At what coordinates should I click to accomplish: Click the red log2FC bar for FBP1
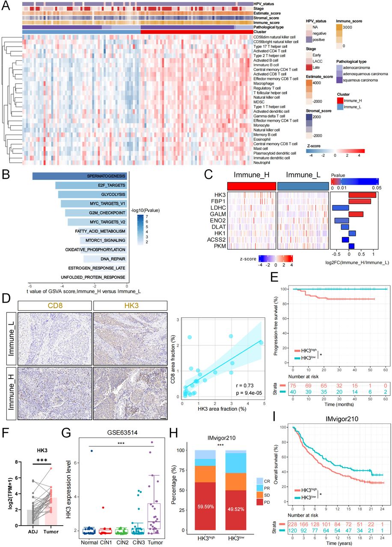coord(359,201)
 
